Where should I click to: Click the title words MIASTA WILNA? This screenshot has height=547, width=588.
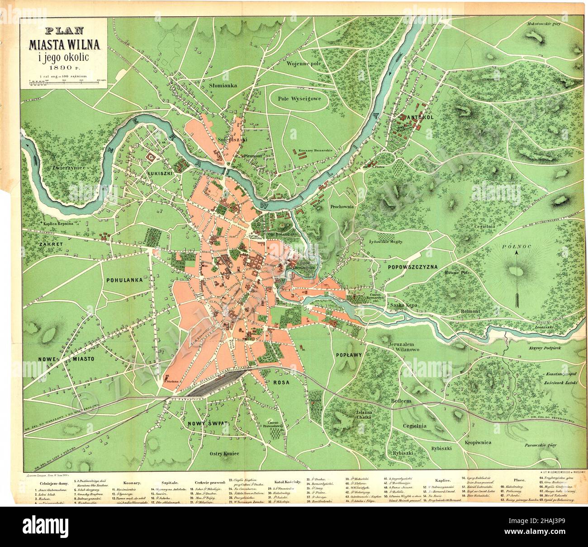tap(66, 45)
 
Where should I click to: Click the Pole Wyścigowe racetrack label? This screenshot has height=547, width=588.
tap(299, 98)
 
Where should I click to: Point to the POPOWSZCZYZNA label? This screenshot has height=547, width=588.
tap(413, 267)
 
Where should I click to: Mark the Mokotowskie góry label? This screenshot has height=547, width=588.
tap(543, 23)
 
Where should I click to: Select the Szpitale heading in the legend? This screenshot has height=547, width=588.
tap(165, 483)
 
